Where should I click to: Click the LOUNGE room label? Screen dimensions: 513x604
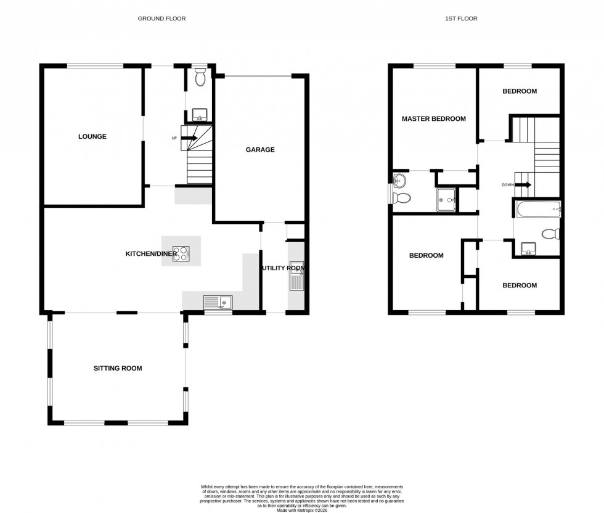[x=92, y=137]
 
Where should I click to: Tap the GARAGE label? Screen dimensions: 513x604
[x=260, y=150]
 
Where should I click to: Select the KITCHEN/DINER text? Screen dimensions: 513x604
[x=151, y=254]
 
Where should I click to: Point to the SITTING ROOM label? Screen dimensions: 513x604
[x=117, y=369]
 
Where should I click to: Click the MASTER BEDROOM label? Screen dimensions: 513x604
[x=433, y=119]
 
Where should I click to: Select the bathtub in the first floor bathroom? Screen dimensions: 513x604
[x=536, y=210]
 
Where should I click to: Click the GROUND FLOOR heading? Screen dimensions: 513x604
[x=161, y=18]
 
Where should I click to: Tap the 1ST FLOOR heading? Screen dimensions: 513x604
[x=461, y=18]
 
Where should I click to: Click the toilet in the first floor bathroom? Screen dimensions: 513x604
[x=550, y=234]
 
